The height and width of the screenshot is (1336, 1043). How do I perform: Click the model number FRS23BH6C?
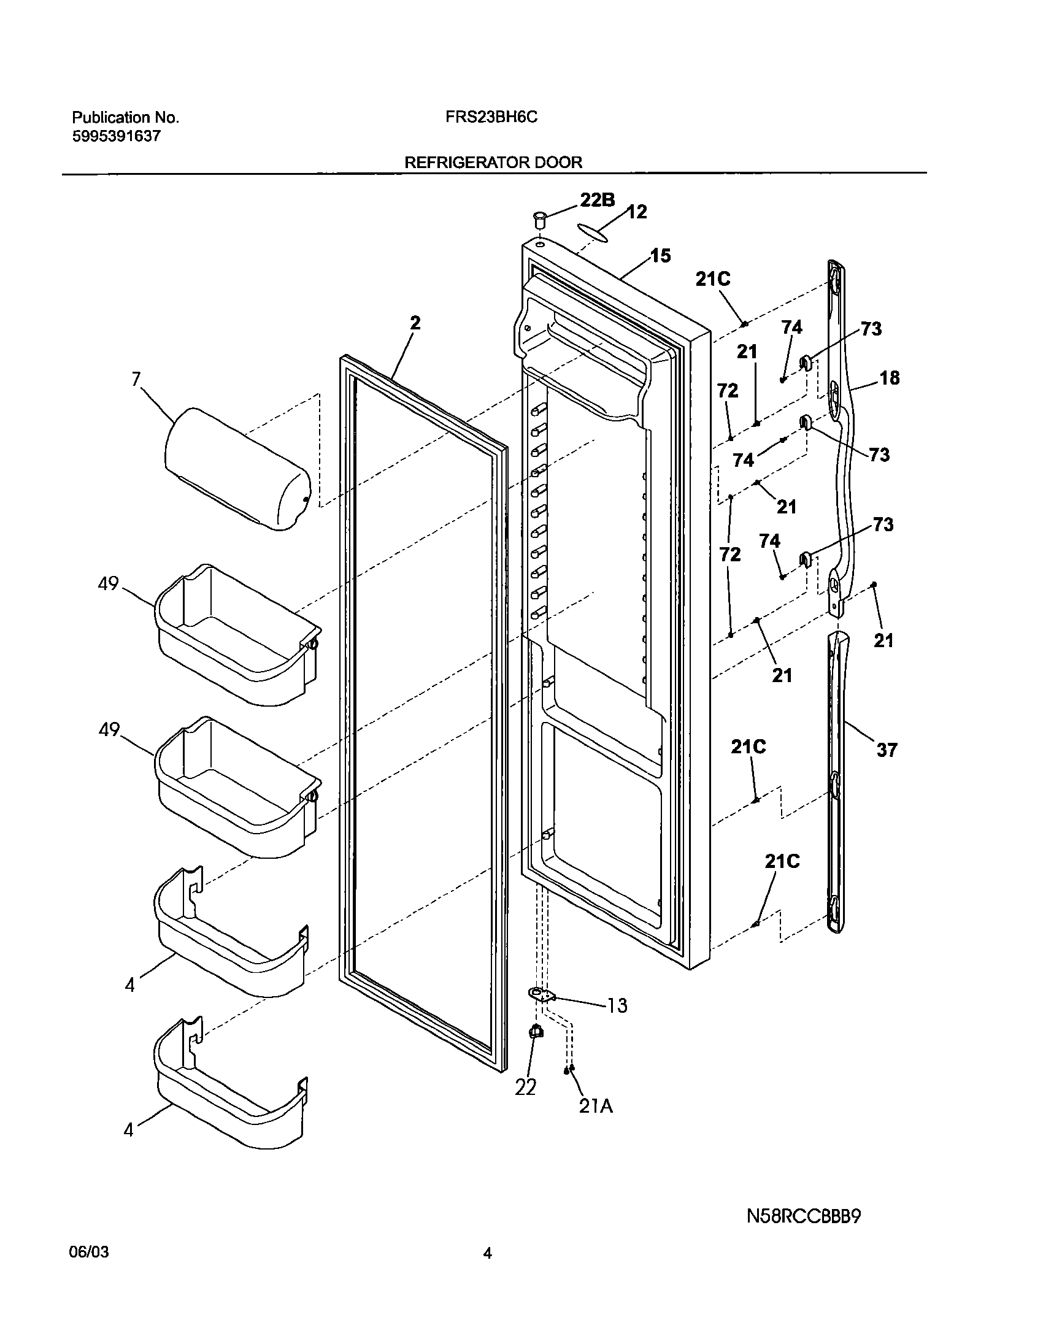(x=491, y=117)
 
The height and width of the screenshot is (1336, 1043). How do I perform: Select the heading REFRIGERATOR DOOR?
(x=493, y=163)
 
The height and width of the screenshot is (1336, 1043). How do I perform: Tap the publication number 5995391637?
(x=116, y=136)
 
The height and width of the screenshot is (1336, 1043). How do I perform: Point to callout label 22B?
(x=598, y=200)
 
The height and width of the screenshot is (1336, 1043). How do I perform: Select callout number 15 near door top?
(x=660, y=256)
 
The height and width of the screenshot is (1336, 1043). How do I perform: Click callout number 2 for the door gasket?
(x=415, y=323)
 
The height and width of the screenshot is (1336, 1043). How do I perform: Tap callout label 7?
(x=136, y=379)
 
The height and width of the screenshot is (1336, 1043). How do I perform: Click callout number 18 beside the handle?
(x=889, y=378)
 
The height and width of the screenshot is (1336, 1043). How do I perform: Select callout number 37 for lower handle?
(x=887, y=750)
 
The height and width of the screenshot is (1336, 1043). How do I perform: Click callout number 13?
(x=617, y=1005)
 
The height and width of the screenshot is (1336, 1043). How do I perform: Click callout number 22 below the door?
(x=526, y=1087)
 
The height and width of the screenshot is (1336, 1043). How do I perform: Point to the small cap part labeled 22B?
(x=539, y=219)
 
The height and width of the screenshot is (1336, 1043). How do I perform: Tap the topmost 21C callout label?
(x=713, y=279)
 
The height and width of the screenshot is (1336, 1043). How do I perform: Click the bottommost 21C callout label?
(x=782, y=861)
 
